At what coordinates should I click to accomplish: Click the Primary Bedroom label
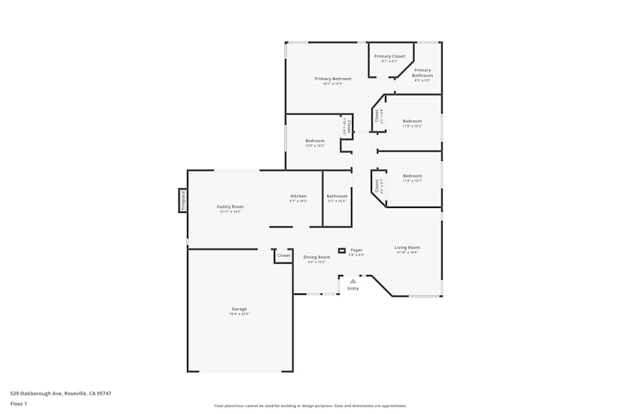point(333,79)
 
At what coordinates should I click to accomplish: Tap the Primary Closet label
point(389,56)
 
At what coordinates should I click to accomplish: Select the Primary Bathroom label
point(422,73)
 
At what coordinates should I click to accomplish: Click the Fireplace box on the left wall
point(183,200)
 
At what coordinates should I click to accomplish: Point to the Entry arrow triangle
point(353,281)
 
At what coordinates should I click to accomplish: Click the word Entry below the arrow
point(353,289)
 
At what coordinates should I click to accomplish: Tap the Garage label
point(239,309)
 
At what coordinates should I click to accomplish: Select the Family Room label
point(230,207)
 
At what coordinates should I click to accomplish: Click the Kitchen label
point(298,196)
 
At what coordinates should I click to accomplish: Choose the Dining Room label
point(317,257)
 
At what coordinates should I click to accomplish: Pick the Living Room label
point(407,248)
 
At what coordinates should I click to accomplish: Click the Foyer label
point(356,250)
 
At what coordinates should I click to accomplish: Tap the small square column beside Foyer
point(342,251)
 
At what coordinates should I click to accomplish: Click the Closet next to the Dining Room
point(284,256)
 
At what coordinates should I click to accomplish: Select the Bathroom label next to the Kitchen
point(337,196)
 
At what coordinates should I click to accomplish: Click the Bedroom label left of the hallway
point(315,141)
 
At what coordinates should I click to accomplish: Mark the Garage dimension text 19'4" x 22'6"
point(239,314)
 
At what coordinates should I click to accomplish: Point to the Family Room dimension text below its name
point(230,212)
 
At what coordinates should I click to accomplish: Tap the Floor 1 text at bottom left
point(19,403)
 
